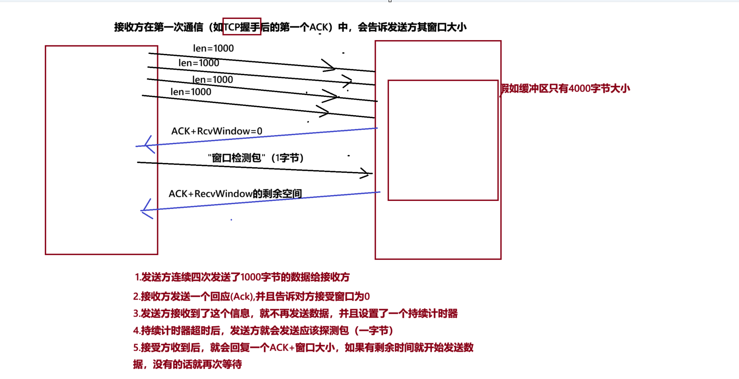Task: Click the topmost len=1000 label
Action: (213, 48)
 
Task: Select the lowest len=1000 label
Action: (191, 92)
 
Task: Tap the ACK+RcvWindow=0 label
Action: (217, 131)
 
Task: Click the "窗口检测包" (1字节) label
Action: (256, 158)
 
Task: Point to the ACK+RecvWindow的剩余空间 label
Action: (235, 194)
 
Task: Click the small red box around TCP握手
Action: (242, 26)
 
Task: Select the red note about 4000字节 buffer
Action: (565, 89)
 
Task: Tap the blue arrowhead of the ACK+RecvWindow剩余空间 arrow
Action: (145, 210)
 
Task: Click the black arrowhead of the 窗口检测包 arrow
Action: (365, 173)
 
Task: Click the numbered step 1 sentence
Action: (242, 277)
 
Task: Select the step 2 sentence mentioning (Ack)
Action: (251, 296)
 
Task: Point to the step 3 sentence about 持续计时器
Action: (295, 313)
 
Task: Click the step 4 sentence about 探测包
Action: (263, 330)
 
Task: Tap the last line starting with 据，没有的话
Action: (188, 364)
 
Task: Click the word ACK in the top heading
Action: (319, 27)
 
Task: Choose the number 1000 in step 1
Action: (250, 277)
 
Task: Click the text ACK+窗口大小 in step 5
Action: (302, 347)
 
